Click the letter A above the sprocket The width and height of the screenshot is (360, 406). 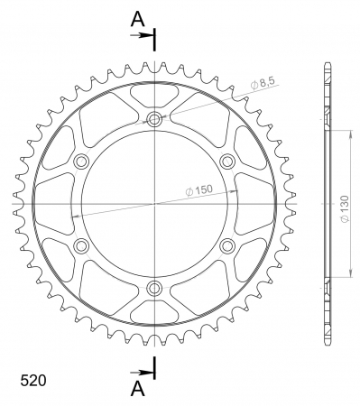[x=136, y=18]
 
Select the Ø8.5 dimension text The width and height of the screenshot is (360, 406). [x=263, y=85]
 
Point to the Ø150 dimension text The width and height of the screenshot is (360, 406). [x=200, y=190]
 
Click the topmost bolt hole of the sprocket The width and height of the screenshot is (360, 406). [x=154, y=119]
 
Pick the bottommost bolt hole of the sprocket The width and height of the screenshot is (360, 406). [x=154, y=289]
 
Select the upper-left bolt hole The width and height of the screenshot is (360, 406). [x=81, y=161]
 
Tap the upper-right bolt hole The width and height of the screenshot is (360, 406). [x=227, y=161]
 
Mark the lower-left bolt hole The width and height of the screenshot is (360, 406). [x=81, y=246]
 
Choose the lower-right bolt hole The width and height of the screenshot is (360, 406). [x=227, y=246]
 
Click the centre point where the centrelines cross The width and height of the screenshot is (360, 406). [x=154, y=204]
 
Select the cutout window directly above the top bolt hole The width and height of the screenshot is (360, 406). [x=154, y=91]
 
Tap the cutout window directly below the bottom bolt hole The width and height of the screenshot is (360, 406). [x=154, y=316]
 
